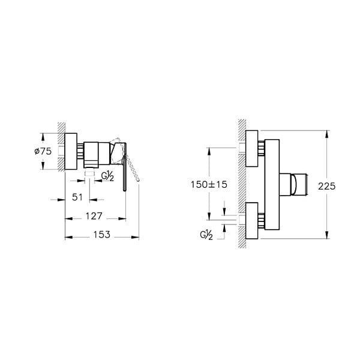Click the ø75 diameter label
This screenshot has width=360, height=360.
click(43, 151)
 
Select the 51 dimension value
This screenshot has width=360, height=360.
click(77, 197)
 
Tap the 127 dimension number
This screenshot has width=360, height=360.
click(94, 216)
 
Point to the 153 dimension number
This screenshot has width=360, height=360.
click(102, 235)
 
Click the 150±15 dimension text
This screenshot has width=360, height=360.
click(209, 184)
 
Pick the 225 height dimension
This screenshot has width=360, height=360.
click(327, 186)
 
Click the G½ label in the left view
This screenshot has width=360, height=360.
click(107, 176)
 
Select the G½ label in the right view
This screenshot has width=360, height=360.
click(206, 235)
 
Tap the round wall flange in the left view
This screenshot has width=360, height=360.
click(71, 151)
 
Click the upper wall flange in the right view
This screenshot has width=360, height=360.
click(251, 148)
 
